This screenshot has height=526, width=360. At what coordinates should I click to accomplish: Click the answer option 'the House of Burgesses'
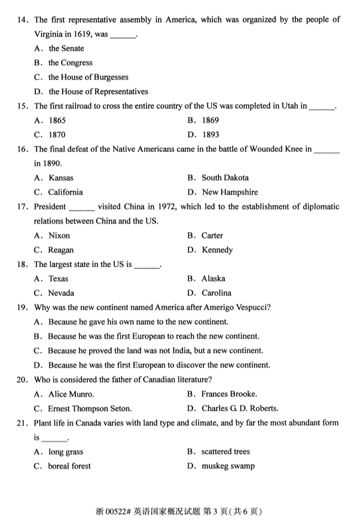[88, 77]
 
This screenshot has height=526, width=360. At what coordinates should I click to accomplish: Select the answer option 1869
[210, 120]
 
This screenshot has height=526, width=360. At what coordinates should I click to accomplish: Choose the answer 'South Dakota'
[225, 178]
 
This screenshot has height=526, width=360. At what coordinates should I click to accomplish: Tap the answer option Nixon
[59, 236]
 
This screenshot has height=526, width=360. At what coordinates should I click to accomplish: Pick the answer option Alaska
[213, 279]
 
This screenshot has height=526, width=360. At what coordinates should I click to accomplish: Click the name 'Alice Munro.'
[71, 394]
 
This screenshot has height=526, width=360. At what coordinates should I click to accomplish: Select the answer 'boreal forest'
[70, 466]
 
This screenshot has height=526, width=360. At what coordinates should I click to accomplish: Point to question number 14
[23, 20]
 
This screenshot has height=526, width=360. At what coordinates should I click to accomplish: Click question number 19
[23, 308]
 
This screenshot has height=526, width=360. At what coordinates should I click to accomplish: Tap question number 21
[23, 423]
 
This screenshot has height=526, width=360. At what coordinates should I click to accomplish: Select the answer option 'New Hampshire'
[230, 192]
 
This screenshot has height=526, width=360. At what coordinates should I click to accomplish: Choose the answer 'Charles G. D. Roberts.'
[240, 409]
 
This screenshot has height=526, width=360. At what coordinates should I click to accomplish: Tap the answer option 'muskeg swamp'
[228, 466]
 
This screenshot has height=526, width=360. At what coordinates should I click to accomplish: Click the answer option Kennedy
[217, 250]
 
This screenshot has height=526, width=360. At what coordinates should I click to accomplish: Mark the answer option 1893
[210, 134]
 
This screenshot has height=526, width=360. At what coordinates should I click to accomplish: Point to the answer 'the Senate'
[66, 48]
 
